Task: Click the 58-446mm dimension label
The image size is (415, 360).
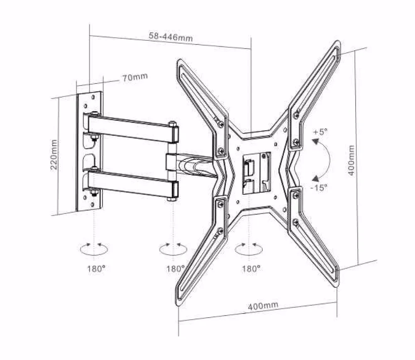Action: click(171, 37)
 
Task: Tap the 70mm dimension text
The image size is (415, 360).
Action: click(134, 78)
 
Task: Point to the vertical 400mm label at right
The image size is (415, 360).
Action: click(352, 160)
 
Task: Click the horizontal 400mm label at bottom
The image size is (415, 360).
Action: click(263, 306)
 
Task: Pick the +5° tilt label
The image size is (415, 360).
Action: click(320, 132)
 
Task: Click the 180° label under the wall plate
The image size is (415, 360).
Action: click(95, 269)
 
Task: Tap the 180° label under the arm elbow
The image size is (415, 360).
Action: click(175, 269)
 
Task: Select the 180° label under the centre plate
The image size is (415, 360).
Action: click(251, 269)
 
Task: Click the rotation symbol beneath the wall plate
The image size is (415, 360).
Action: click(95, 249)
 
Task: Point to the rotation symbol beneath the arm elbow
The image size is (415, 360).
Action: click(173, 249)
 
